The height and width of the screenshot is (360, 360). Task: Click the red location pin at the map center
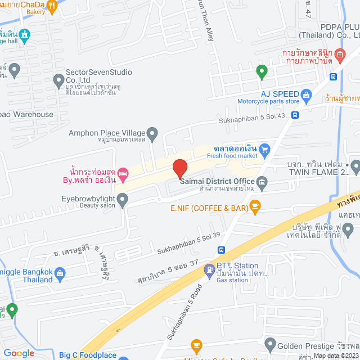pos(179,168)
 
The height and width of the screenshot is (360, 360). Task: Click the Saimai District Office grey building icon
pos(262,182)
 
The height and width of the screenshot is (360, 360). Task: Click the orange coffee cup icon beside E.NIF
pos(255,208)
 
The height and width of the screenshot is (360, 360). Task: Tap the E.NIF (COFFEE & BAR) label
pos(209,208)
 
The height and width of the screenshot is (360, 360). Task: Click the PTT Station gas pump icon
pos(209,270)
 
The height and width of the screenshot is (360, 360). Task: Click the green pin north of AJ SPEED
pos(261,71)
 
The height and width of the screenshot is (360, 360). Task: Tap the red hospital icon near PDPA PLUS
pos(339,55)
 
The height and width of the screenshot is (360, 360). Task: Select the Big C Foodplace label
pos(87,355)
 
